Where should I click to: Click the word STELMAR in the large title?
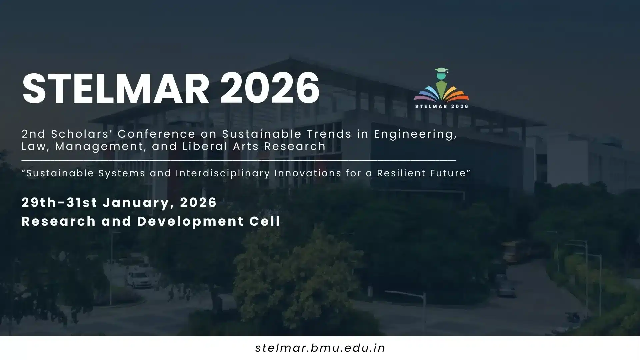pyautogui.click(x=116, y=88)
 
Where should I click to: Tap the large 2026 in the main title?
pyautogui.click(x=270, y=88)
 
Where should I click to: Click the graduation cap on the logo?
pyautogui.click(x=441, y=71)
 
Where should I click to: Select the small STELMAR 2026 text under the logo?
pyautogui.click(x=442, y=106)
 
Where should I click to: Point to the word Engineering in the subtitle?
pyautogui.click(x=415, y=134)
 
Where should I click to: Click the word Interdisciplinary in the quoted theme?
pyautogui.click(x=223, y=173)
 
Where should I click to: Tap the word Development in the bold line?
pyautogui.click(x=190, y=221)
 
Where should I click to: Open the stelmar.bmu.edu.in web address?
pyautogui.click(x=320, y=348)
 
